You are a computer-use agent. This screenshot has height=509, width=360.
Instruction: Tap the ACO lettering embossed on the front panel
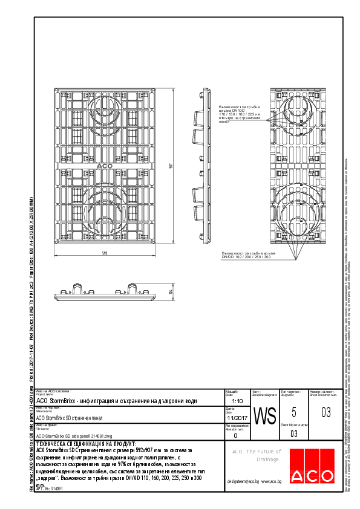pyautogui.click(x=104, y=166)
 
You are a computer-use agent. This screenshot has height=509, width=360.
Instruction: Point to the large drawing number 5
pyautogui.click(x=294, y=412)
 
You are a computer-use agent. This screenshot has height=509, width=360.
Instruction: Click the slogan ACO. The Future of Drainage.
pyautogui.click(x=257, y=455)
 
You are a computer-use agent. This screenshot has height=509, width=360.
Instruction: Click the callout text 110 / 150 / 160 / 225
pyautogui.click(x=239, y=114)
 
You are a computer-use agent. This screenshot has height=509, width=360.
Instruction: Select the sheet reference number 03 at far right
pyautogui.click(x=326, y=413)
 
